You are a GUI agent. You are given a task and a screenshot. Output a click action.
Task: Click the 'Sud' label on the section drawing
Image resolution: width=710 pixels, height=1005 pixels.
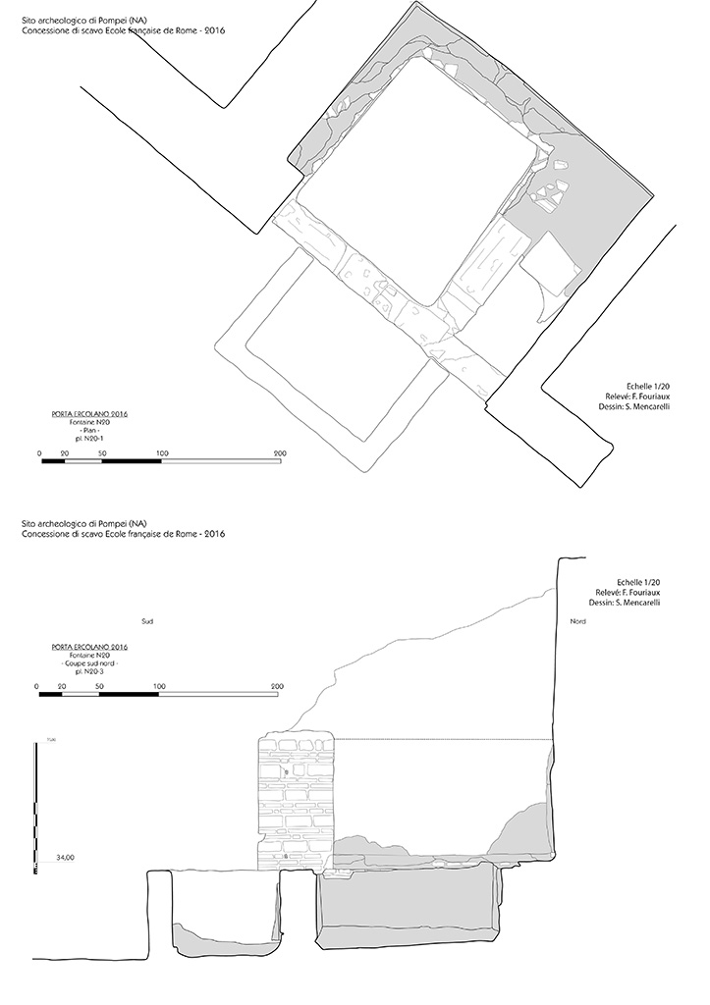[x=147, y=622]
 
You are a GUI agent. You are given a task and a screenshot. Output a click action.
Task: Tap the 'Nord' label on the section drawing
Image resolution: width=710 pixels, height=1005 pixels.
[x=577, y=622]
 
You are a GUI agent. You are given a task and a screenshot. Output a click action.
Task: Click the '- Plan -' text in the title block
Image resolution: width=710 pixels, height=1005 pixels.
[x=89, y=431]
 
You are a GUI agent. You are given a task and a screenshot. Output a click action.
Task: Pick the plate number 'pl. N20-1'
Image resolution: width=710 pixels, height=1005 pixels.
[x=89, y=439]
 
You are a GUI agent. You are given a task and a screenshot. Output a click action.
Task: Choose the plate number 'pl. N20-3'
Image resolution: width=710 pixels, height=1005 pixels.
[x=89, y=671]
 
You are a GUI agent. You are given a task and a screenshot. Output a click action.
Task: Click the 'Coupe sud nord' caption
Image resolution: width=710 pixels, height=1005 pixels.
[x=89, y=663]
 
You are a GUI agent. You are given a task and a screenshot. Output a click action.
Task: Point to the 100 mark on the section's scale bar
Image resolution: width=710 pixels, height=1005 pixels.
[x=157, y=686]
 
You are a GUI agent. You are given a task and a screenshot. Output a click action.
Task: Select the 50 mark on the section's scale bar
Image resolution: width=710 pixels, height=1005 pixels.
[x=100, y=686]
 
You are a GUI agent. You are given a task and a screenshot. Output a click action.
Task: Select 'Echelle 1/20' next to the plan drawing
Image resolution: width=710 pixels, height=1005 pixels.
[x=647, y=387]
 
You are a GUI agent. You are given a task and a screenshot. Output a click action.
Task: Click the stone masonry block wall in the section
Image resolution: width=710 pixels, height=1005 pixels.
[x=296, y=800]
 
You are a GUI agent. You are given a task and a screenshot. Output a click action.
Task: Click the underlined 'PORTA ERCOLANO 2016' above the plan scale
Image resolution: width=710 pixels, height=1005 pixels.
[x=89, y=414]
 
